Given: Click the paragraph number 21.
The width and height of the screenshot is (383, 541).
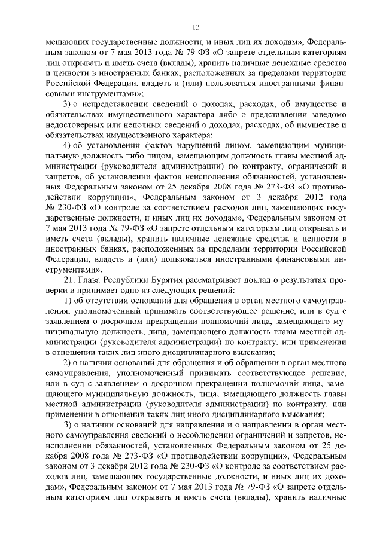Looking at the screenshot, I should [69, 280].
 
